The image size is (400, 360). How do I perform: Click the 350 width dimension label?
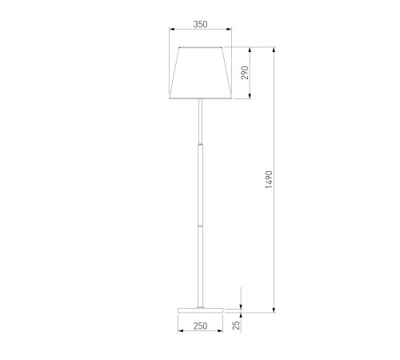[200, 24]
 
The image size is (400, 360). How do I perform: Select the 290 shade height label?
[245, 73]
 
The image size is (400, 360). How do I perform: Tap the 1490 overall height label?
[269, 180]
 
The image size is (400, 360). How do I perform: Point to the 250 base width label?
[200, 326]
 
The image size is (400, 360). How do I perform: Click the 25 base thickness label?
[236, 326]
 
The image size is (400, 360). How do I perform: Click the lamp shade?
[200, 73]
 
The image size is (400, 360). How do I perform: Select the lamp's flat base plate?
[200, 310]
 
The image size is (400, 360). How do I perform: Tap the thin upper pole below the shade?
[200, 122]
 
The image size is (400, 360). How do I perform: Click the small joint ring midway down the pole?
[200, 226]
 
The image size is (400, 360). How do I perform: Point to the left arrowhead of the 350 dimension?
[172, 29]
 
